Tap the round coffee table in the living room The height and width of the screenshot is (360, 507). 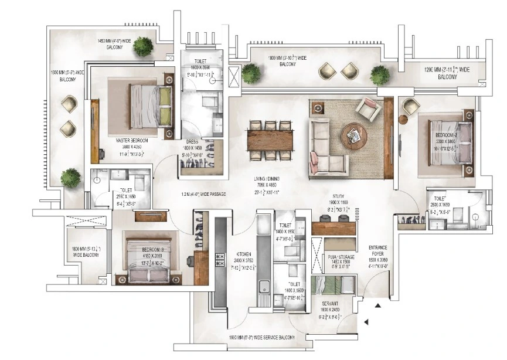click(x=354, y=135)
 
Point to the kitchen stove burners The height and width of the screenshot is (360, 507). click(x=221, y=259)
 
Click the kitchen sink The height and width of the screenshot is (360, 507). click(x=264, y=287)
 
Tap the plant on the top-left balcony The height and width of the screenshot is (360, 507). click(x=142, y=47)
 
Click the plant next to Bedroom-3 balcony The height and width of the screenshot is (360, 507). click(x=70, y=177)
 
